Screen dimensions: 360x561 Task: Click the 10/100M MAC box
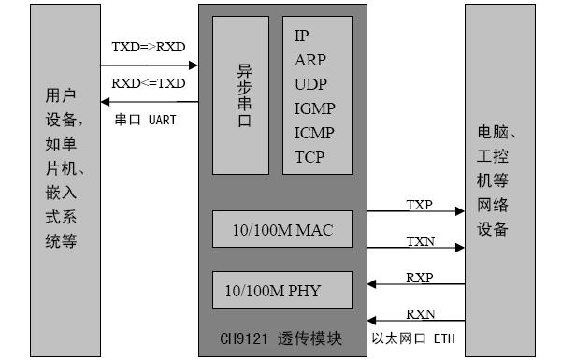pos(282,229)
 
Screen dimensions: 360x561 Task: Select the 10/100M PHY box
pos(282,290)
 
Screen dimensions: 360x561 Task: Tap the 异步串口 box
pos(240,94)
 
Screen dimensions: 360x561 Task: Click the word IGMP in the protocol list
pos(314,108)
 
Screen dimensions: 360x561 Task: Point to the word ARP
pos(310,60)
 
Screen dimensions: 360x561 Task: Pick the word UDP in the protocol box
pos(310,84)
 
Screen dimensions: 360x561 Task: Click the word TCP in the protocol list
pos(309,157)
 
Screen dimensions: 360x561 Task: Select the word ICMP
pos(314,133)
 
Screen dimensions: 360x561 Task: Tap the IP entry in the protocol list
pos(301,36)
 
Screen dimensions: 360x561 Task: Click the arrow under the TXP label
pos(415,212)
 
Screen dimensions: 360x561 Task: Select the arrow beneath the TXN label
pos(415,248)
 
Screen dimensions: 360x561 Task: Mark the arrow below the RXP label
pos(415,283)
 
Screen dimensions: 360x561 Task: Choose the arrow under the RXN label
pos(415,320)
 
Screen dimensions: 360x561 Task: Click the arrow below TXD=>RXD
pos(150,65)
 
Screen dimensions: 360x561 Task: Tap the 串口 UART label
pos(145,120)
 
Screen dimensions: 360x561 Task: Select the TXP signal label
pos(419,204)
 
